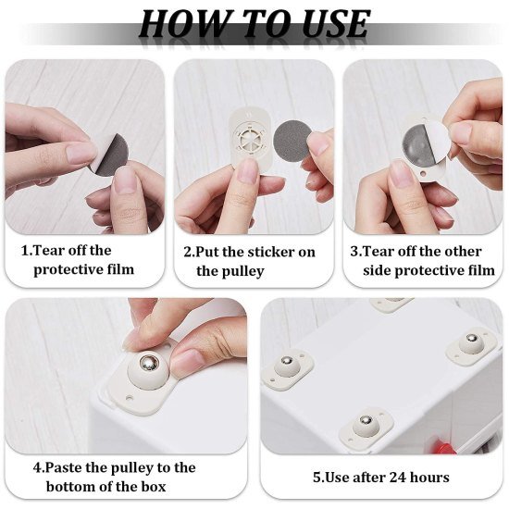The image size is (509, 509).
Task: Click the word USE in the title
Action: (328, 24)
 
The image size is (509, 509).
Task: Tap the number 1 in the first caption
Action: (25, 251)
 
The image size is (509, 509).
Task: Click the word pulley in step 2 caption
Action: (242, 271)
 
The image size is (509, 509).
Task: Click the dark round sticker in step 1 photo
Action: (111, 153)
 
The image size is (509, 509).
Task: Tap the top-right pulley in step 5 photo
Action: (470, 347)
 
